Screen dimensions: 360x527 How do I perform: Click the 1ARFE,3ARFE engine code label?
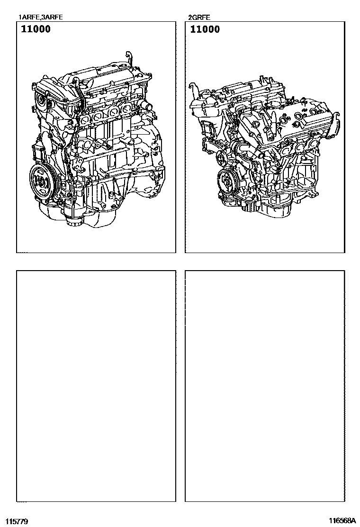(x=41, y=17)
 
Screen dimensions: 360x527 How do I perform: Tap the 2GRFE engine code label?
(x=199, y=18)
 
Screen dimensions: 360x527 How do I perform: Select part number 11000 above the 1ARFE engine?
(x=36, y=29)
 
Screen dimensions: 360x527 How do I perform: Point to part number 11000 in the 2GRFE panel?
(x=205, y=29)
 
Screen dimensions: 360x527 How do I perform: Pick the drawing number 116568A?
(x=342, y=521)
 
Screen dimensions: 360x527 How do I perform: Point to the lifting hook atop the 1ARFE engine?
(x=129, y=57)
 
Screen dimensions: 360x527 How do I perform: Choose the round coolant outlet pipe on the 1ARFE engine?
(x=146, y=105)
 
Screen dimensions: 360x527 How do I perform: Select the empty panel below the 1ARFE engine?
(x=96, y=386)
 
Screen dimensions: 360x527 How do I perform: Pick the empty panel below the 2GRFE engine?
(x=265, y=386)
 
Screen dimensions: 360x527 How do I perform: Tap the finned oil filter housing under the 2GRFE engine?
(x=250, y=207)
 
